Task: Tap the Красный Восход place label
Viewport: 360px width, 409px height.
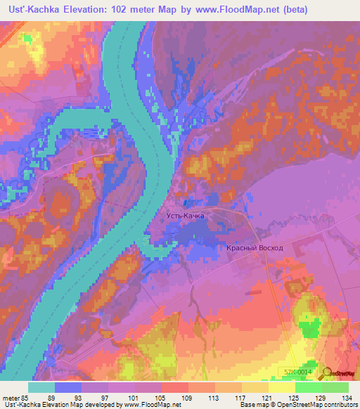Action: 255,248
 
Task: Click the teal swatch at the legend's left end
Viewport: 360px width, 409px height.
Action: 41,387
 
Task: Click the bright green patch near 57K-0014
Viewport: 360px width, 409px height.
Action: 307,327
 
